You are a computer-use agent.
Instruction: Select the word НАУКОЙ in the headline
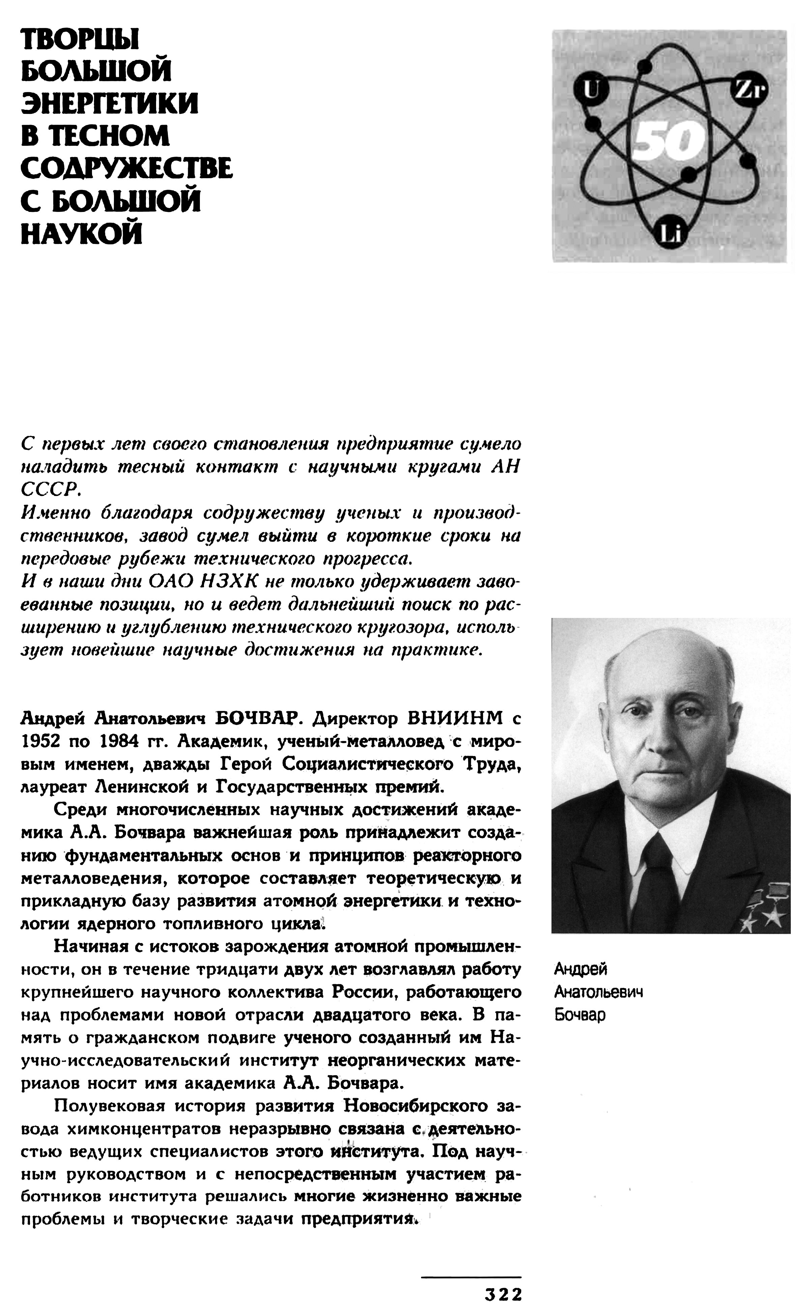pyautogui.click(x=81, y=234)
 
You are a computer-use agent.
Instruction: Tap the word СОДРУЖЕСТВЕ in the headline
pyautogui.click(x=127, y=168)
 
